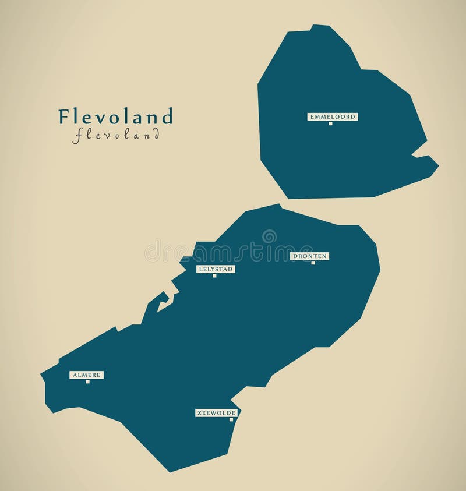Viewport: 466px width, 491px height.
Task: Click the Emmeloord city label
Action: point(333,116)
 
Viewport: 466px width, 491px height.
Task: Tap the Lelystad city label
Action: point(216,269)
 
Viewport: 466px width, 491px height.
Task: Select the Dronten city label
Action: point(310,256)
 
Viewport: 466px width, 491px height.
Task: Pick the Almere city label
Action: point(86,375)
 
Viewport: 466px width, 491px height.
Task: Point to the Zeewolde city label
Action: point(216,413)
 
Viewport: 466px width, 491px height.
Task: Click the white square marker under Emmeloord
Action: point(330,123)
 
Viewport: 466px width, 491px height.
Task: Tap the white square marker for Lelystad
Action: point(214,276)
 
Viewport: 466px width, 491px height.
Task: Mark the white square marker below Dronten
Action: point(313,263)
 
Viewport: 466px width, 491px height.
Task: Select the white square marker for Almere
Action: point(87,382)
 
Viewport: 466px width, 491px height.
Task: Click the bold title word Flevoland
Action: point(115,116)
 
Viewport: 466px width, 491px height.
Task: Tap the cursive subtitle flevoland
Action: point(116,135)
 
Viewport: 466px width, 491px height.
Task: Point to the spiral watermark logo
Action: point(269,237)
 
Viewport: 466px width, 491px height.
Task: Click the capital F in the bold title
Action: point(63,116)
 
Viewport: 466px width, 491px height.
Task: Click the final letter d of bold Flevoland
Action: point(168,116)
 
